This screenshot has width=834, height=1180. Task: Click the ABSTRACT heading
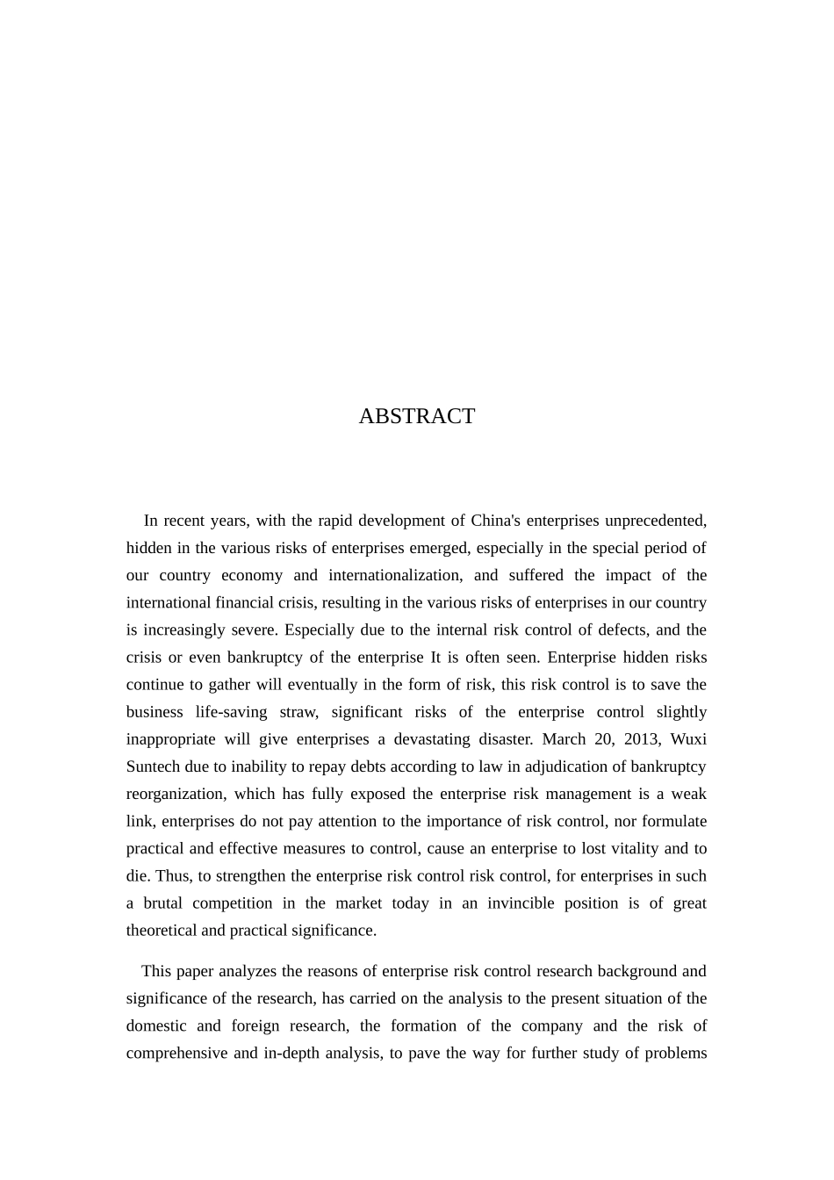click(x=416, y=416)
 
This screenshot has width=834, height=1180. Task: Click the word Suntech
click(x=153, y=766)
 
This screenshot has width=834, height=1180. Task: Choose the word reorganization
click(x=176, y=794)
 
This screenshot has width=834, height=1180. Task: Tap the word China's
click(x=496, y=521)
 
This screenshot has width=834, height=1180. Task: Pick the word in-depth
click(x=291, y=1054)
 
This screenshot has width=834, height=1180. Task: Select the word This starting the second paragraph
click(x=155, y=971)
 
